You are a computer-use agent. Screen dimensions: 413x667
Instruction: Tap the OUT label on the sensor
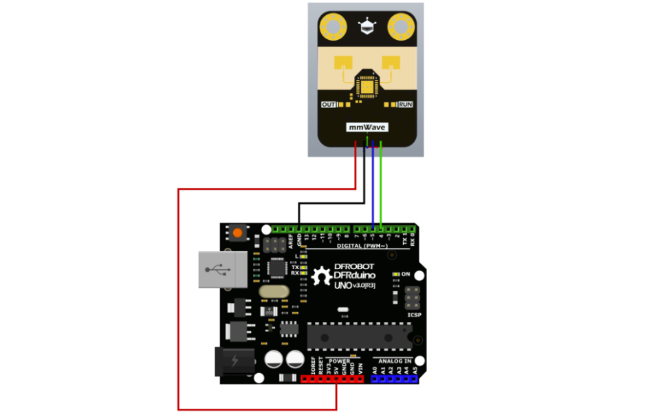pos(329,105)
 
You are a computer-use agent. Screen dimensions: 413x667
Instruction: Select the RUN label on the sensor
pos(406,105)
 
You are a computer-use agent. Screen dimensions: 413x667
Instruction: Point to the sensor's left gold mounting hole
pos(333,28)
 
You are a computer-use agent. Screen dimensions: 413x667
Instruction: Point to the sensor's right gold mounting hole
pos(401,28)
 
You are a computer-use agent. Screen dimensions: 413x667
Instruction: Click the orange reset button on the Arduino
pos(237,233)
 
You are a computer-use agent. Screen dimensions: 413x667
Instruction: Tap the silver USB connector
pos(221,268)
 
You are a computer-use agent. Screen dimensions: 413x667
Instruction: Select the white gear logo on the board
pos(322,277)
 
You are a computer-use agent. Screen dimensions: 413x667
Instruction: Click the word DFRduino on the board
pos(360,277)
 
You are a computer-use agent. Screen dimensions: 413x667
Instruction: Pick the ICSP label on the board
pos(414,315)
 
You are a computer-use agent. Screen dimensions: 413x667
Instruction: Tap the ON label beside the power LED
pos(406,274)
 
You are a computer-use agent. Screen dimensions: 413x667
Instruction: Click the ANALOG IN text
pos(395,361)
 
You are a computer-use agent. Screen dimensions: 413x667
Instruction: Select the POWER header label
pos(339,360)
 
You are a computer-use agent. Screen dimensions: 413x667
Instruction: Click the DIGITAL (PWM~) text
pos(364,245)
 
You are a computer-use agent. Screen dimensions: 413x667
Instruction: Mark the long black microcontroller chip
pos(360,337)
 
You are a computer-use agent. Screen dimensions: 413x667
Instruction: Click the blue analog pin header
pos(395,379)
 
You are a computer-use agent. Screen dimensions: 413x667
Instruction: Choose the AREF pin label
pos(291,240)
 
